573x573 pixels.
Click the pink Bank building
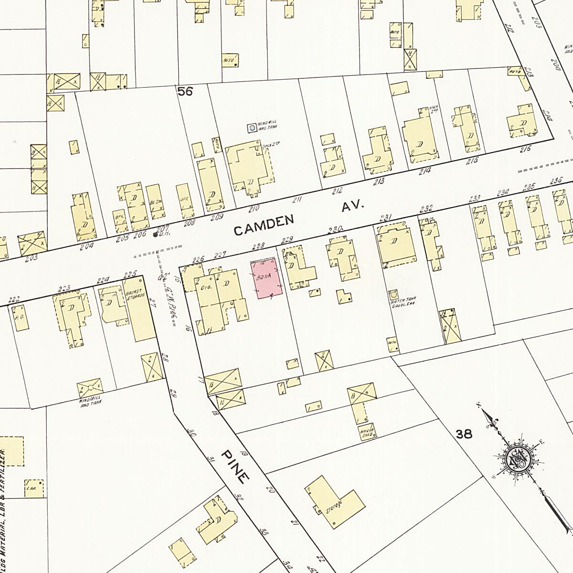point(266,278)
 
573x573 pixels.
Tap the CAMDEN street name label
point(263,225)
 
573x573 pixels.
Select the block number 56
point(185,91)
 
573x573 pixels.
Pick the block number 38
point(464,434)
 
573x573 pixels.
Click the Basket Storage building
point(137,309)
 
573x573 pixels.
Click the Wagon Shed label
point(367,431)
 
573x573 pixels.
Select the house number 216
point(525,149)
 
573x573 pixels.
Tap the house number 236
point(555,181)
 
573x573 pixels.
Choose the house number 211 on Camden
point(297,200)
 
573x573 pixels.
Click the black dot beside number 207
point(155,235)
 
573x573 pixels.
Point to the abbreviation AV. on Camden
point(353,207)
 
